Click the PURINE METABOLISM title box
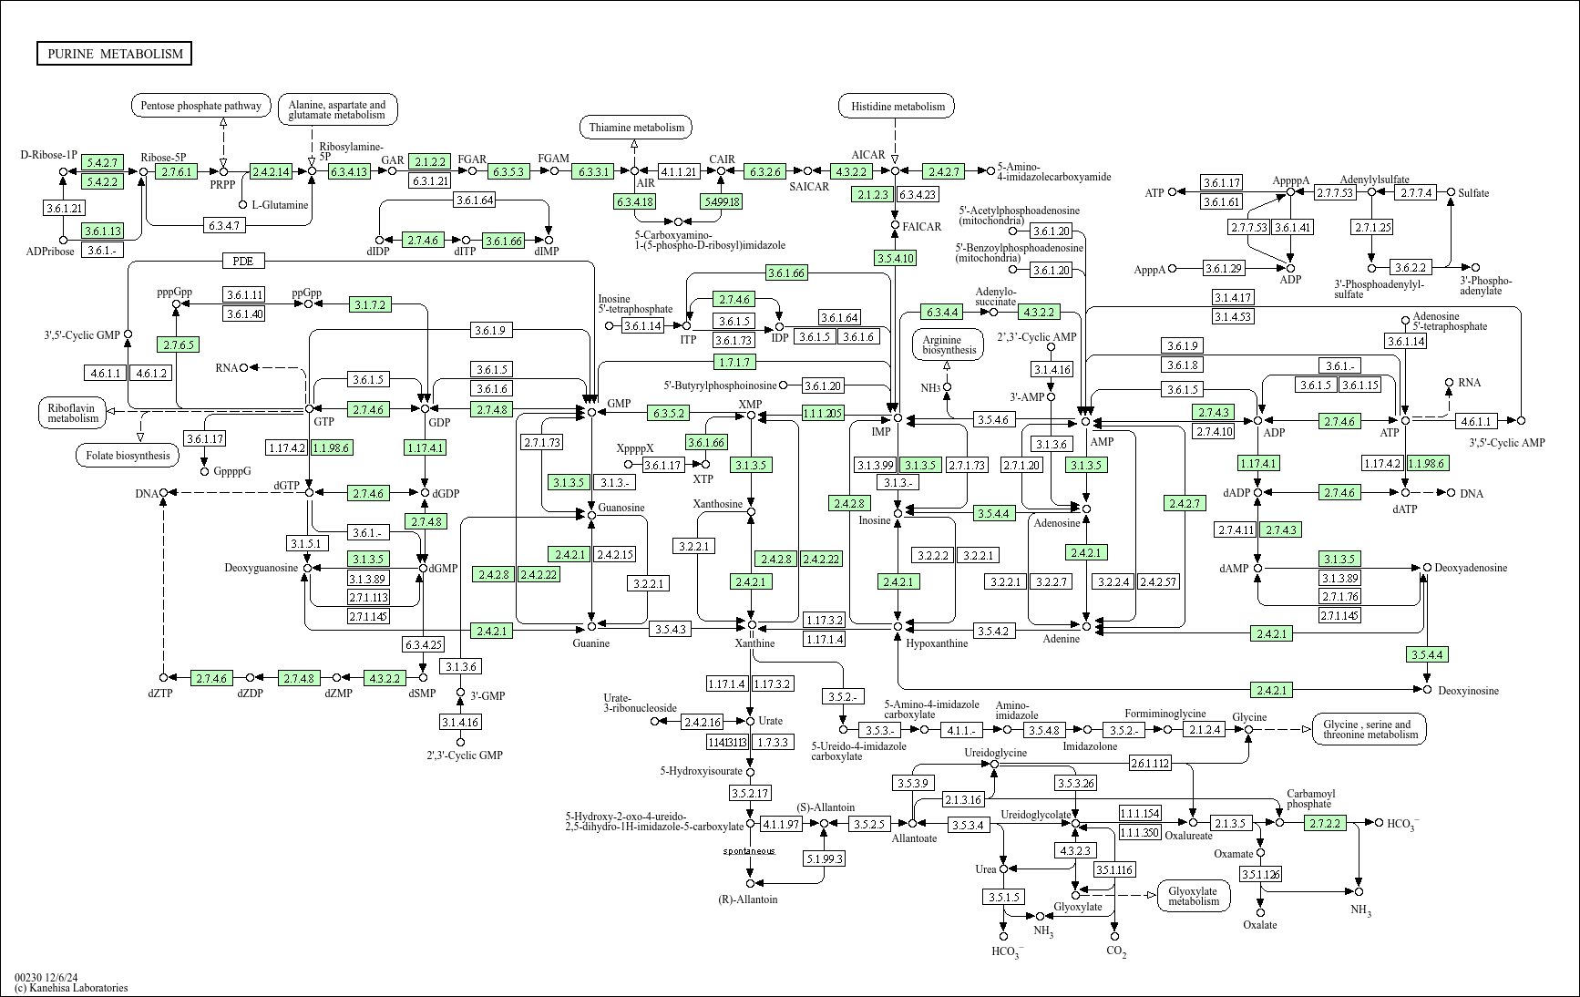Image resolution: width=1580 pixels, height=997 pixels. click(x=115, y=54)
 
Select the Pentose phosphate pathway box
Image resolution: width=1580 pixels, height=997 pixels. click(x=201, y=106)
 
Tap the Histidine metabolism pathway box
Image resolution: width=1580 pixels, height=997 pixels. click(x=897, y=107)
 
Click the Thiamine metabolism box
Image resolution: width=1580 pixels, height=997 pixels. click(x=636, y=128)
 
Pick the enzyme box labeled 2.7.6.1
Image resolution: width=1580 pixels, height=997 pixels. click(x=176, y=171)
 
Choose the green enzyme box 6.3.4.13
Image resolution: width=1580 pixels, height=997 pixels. click(x=349, y=171)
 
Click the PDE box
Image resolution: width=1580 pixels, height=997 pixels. click(x=242, y=262)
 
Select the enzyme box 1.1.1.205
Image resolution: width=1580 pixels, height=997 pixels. click(x=823, y=413)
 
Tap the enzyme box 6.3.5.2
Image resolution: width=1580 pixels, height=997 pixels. click(x=668, y=413)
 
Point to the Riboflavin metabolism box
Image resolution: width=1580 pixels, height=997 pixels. click(x=73, y=412)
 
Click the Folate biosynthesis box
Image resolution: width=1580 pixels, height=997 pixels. click(x=128, y=455)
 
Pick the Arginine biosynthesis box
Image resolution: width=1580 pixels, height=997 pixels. click(x=949, y=344)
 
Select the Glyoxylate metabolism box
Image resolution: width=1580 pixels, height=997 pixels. click(x=1193, y=896)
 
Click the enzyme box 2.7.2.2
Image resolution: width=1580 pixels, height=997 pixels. click(x=1325, y=823)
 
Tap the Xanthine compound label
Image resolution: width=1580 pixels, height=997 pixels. click(x=754, y=643)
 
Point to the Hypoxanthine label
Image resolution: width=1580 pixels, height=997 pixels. click(x=937, y=643)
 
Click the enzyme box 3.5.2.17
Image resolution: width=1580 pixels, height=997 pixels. click(x=750, y=793)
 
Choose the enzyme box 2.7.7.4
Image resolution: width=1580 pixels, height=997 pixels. click(x=1417, y=192)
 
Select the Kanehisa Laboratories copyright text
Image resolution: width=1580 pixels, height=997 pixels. click(x=71, y=988)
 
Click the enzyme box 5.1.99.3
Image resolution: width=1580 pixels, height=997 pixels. click(x=824, y=858)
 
